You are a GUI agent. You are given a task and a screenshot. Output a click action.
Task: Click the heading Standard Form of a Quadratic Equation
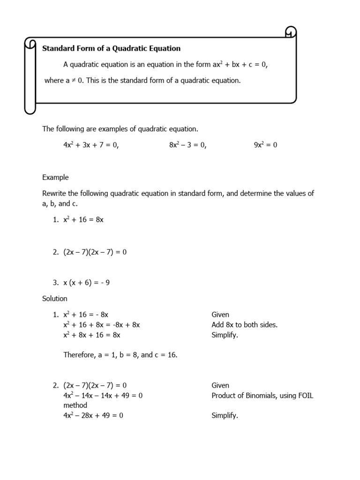(x=112, y=48)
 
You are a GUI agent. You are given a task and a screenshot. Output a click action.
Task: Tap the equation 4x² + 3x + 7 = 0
(x=91, y=145)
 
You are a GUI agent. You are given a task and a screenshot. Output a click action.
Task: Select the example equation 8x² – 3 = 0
(x=187, y=145)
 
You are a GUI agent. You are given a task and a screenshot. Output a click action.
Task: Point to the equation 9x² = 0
(x=265, y=145)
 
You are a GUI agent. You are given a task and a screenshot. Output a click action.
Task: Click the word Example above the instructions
(x=55, y=177)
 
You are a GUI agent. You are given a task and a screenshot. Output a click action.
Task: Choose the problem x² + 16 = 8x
(x=83, y=219)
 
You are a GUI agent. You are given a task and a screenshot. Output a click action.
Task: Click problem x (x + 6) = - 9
(x=86, y=283)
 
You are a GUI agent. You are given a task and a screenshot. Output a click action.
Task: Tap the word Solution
(x=55, y=299)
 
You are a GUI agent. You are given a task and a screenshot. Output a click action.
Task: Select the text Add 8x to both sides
(x=244, y=325)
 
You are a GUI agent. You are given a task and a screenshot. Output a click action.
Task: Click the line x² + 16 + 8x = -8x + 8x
(x=102, y=325)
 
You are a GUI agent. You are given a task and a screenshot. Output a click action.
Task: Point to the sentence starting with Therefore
(x=120, y=355)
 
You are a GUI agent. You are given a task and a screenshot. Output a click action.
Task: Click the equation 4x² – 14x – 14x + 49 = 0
(x=103, y=396)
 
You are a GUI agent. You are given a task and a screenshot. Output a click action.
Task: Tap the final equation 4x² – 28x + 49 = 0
(x=93, y=415)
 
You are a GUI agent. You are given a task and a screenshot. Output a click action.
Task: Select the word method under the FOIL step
(x=75, y=405)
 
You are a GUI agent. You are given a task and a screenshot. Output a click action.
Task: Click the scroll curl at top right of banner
(x=291, y=33)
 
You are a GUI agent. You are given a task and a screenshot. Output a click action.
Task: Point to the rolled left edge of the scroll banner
(x=30, y=75)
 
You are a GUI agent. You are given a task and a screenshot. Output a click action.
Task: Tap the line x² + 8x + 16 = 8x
(x=92, y=335)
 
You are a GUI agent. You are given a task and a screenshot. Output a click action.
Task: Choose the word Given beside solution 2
(x=220, y=385)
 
